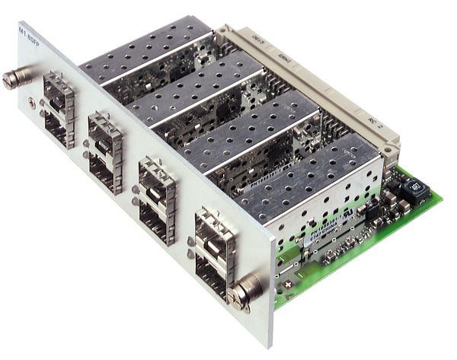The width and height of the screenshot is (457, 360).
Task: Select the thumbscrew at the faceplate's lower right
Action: pyautogui.click(x=248, y=288)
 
